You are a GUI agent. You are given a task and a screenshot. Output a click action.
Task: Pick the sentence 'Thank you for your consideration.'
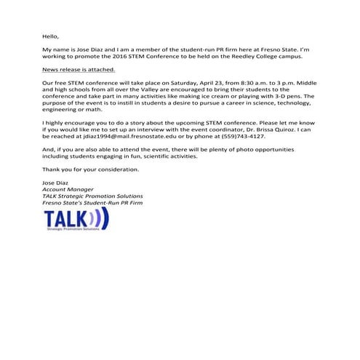click(89, 169)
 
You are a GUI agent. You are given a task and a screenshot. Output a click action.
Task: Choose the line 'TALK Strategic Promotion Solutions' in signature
click(92, 196)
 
